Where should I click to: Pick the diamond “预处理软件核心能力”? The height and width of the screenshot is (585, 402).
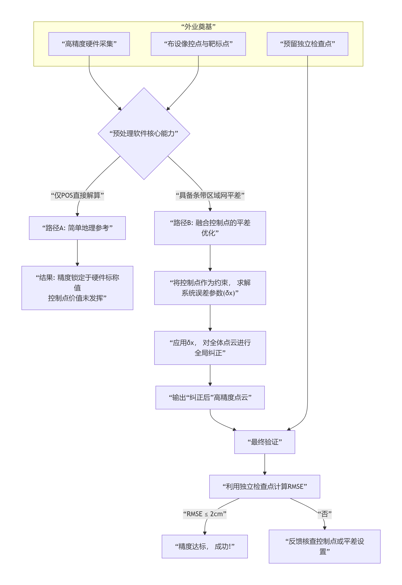tap(144, 133)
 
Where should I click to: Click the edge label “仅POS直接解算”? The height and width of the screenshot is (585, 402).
tap(77, 195)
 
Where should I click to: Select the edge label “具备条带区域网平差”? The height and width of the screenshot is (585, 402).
tap(210, 195)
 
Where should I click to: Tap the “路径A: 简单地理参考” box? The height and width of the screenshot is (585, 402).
tap(77, 228)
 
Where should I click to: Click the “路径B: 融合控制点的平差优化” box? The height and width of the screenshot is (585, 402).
tap(210, 228)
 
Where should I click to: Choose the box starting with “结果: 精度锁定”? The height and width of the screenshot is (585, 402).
tap(77, 288)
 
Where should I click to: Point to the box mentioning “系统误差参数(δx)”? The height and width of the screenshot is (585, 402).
tap(210, 288)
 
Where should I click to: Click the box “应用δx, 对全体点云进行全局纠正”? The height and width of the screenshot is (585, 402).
tap(210, 348)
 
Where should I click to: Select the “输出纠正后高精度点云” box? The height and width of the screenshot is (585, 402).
tap(210, 397)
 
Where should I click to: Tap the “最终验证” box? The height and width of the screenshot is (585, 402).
tap(265, 442)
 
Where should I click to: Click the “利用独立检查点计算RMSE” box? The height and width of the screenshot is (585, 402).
tap(265, 487)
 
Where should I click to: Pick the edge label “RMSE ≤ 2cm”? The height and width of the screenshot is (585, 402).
tap(205, 514)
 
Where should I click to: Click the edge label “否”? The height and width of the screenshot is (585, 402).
tap(325, 514)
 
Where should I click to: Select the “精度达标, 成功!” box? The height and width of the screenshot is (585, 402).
tap(205, 546)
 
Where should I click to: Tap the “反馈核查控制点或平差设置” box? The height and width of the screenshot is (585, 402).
tap(325, 546)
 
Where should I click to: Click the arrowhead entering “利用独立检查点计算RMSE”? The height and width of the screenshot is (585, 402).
tap(265, 473)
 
